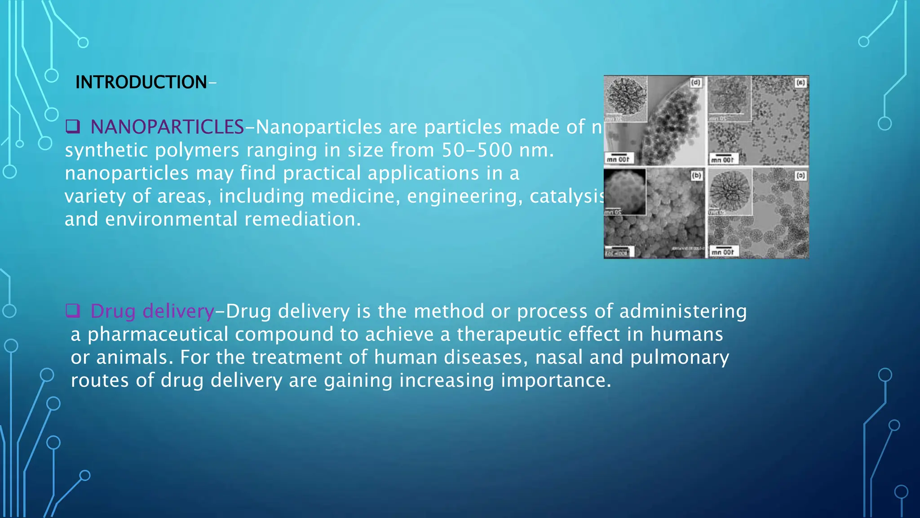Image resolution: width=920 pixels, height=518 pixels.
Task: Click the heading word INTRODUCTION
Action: click(x=141, y=82)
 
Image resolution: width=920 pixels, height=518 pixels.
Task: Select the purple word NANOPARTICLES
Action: click(x=167, y=127)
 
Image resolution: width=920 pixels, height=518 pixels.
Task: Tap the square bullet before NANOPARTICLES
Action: click(x=72, y=126)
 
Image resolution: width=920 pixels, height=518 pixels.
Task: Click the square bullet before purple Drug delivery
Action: click(x=72, y=310)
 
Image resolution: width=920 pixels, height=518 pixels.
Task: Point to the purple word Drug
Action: click(x=113, y=311)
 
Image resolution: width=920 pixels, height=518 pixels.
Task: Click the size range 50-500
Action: click(x=477, y=150)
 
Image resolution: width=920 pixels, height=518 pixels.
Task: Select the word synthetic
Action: click(x=106, y=151)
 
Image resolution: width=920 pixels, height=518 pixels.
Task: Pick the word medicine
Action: click(x=355, y=196)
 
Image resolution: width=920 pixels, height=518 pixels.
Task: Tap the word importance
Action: click(x=556, y=380)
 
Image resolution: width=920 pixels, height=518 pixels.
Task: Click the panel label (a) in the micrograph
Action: click(x=800, y=83)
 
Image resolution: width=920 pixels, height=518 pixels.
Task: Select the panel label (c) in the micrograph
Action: click(x=800, y=176)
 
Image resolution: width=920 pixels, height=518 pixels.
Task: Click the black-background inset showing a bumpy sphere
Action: click(x=625, y=192)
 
